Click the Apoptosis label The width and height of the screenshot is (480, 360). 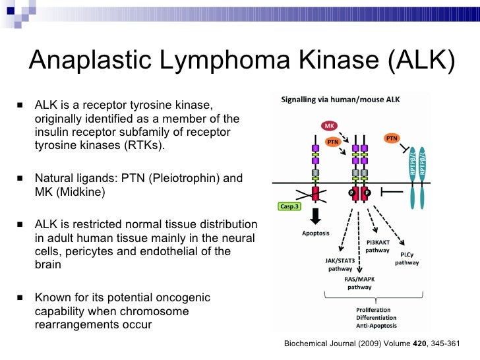coord(316,233)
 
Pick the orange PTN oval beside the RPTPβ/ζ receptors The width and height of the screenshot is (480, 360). coord(392,138)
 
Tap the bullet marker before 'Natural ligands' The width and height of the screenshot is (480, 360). coord(21,179)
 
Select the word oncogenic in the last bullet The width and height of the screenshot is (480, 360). coord(179,297)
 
